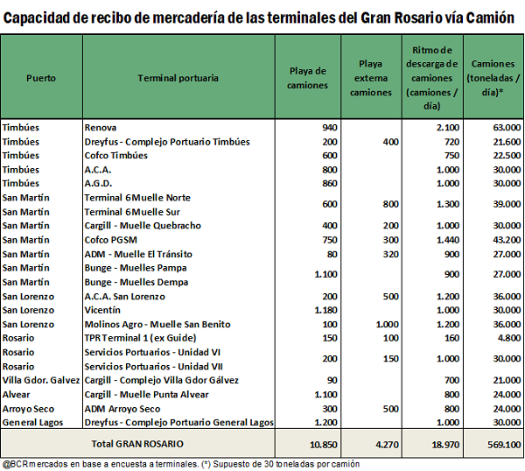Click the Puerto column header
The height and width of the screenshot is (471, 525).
click(x=41, y=78)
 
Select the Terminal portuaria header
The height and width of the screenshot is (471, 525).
click(x=178, y=78)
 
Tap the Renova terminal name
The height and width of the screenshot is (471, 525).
click(x=101, y=128)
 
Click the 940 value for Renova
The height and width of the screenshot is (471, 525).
click(x=330, y=128)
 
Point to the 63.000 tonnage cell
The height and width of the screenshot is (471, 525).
click(x=507, y=128)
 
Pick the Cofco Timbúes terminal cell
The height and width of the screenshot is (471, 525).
click(x=115, y=156)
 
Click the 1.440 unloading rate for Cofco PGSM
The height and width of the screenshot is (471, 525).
click(x=448, y=240)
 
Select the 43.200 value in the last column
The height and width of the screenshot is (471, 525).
click(x=507, y=240)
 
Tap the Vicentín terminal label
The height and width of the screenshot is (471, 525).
click(x=102, y=310)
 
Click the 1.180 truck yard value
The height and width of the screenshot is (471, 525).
click(x=325, y=310)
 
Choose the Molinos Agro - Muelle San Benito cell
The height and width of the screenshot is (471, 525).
click(x=157, y=324)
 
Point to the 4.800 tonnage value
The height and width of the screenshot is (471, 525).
click(x=509, y=338)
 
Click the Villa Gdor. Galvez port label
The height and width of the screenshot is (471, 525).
click(x=41, y=380)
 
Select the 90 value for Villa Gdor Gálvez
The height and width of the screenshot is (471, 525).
click(x=332, y=380)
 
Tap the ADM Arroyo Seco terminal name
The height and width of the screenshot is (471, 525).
click(x=122, y=409)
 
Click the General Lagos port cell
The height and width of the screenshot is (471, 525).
click(x=32, y=423)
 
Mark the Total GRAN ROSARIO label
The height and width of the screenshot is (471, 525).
click(x=137, y=444)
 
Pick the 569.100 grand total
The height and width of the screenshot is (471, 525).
click(x=504, y=445)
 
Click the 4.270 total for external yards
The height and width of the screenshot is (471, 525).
click(x=387, y=445)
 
